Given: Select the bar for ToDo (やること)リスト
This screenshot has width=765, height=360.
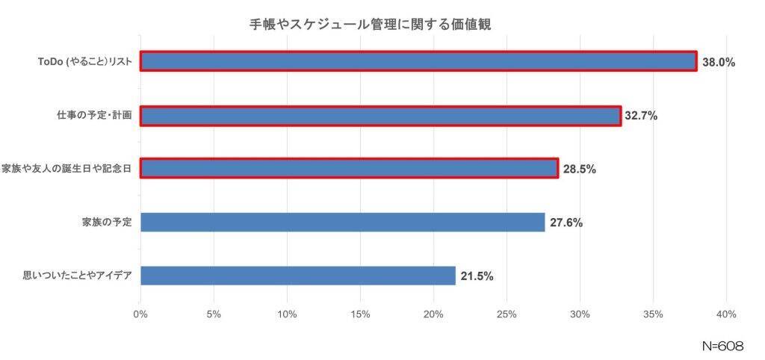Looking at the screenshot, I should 418,61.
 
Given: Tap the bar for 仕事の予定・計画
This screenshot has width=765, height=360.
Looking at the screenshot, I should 380,116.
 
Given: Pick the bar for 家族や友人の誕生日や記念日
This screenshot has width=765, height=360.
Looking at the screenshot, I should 349,169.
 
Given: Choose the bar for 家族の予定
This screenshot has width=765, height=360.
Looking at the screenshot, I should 342,222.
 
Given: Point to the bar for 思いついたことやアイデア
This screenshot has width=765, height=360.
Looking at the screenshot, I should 297,276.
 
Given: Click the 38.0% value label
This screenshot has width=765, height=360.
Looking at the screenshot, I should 719,63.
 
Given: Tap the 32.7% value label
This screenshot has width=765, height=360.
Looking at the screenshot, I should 641,117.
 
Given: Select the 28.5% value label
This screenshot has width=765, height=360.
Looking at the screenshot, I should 579,170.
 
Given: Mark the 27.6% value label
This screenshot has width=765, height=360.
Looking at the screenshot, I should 566,223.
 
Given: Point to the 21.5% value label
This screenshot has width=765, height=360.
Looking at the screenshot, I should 477,276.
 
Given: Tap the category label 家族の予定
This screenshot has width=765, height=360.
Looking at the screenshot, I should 107,223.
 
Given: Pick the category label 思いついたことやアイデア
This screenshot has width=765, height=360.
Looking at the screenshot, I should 78,276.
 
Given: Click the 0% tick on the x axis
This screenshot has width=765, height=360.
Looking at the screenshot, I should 140,314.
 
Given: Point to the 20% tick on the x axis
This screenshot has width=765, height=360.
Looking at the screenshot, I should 433,314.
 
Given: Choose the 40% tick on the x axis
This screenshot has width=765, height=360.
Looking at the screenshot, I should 726,314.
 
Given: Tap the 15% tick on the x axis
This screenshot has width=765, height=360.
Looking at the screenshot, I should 360,314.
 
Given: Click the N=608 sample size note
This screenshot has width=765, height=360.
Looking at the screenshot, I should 722,347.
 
